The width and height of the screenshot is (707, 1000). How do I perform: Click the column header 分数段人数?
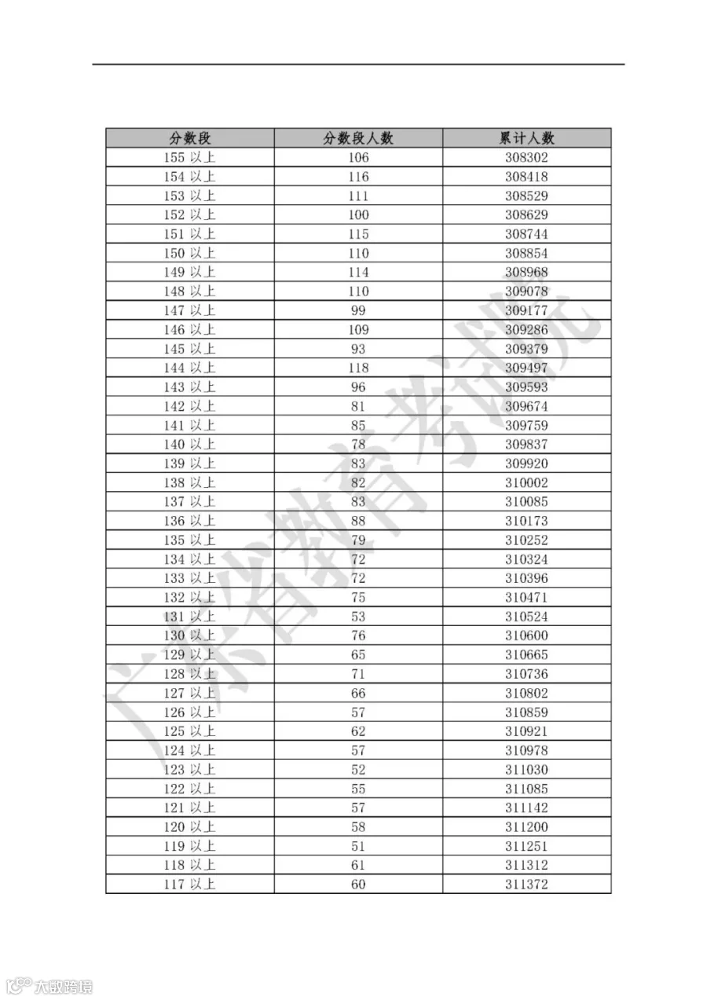pos(358,138)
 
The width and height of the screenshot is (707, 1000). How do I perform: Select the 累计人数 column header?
pos(526,138)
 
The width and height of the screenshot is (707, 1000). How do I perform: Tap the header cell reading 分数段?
pos(190,138)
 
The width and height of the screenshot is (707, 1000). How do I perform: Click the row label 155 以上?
pos(189,157)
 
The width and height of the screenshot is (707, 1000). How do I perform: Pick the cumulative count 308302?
pos(526,157)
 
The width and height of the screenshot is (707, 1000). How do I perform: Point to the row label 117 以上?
pos(189,885)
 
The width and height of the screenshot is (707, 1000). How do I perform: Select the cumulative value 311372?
pos(526,885)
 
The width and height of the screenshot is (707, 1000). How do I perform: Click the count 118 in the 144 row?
pos(358,368)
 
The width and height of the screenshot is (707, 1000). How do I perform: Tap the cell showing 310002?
pos(526,482)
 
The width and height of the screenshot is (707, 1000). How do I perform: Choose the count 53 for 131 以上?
pos(358,617)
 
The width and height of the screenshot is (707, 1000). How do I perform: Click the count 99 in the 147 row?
pos(358,310)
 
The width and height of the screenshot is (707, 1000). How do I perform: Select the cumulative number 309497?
pos(526,368)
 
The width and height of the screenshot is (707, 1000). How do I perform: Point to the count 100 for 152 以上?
pos(358,214)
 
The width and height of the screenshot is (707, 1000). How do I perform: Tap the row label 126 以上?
pos(189,712)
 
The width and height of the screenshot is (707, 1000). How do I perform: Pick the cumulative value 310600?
pos(526,636)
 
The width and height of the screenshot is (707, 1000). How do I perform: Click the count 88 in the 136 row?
pos(358,521)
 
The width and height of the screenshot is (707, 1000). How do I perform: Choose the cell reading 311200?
pos(526,827)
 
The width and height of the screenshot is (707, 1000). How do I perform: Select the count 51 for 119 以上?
pos(358,846)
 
